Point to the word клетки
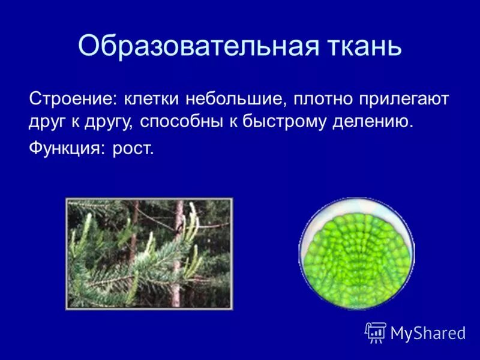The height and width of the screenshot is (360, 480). pyautogui.click(x=151, y=97)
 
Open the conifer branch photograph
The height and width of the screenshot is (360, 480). pyautogui.click(x=149, y=253)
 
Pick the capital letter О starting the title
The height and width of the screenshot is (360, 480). pyautogui.click(x=88, y=46)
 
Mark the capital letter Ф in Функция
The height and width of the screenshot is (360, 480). pyautogui.click(x=35, y=148)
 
